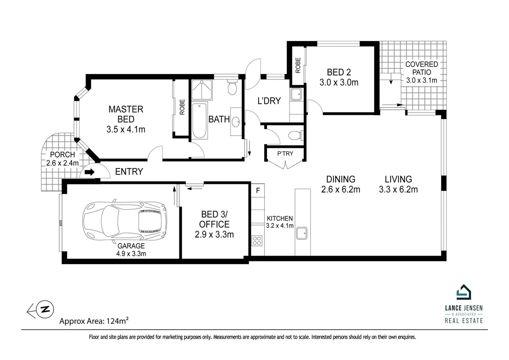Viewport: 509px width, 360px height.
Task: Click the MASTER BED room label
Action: [126, 114]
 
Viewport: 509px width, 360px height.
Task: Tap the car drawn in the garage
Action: [125, 221]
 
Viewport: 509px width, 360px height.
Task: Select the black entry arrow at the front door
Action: [90, 172]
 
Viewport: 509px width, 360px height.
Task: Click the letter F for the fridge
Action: [258, 190]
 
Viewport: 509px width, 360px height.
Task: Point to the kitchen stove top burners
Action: [257, 241]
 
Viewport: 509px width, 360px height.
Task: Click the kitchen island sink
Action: [302, 233]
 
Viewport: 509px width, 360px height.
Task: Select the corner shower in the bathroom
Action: [202, 90]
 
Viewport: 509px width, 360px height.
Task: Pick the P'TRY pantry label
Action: [285, 154]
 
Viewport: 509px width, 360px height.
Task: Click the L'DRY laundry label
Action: [269, 101]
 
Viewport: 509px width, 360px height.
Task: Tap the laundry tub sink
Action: [296, 94]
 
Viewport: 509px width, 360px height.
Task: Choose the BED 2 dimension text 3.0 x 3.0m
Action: [339, 82]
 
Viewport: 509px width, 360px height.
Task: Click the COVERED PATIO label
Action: [422, 68]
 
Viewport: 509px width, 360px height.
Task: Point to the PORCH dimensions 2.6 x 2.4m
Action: [62, 163]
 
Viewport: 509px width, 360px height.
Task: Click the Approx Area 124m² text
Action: [94, 321]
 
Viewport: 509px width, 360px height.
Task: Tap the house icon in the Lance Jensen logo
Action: [464, 292]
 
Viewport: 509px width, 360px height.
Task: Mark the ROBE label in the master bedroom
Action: [182, 107]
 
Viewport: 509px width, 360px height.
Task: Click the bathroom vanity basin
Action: [236, 122]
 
